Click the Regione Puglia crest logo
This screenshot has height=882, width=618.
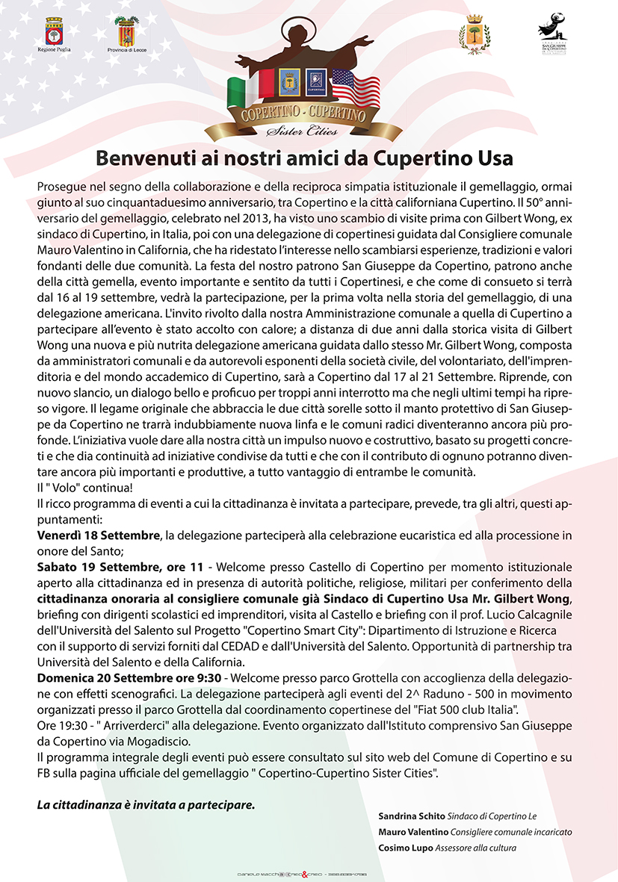point(54,31)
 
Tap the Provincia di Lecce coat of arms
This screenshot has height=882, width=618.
point(125,31)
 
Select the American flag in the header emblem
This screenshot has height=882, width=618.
point(355,87)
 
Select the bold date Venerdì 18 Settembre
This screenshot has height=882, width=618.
point(99,535)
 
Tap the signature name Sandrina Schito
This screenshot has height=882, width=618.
point(413,816)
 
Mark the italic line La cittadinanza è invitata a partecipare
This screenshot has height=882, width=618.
point(146,805)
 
